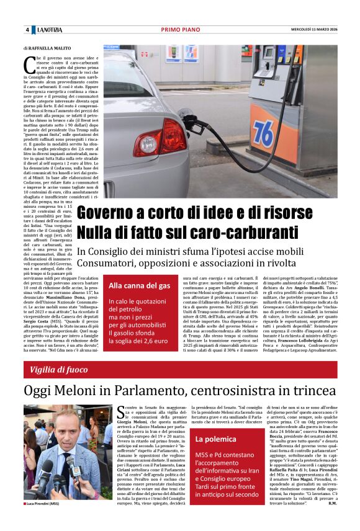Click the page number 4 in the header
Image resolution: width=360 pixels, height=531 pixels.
pos(27,30)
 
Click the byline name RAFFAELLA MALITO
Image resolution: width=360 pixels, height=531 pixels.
pos(48,48)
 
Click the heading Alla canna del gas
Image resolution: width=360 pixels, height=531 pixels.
pos(139,286)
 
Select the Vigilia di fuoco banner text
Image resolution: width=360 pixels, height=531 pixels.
pos(58,370)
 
